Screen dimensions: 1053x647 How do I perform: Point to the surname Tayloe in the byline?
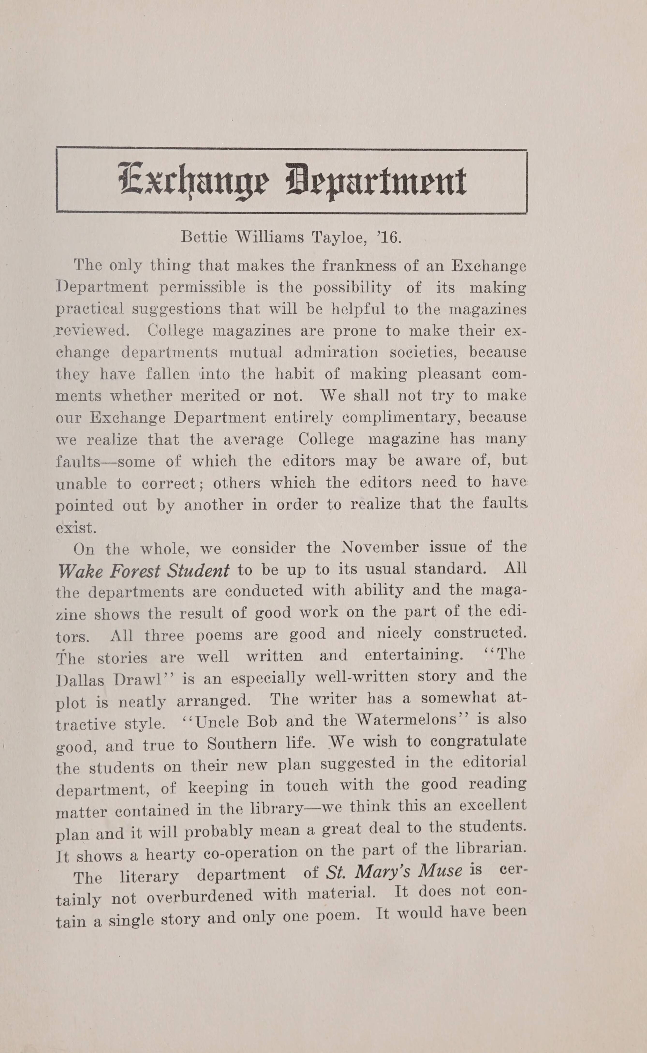point(338,237)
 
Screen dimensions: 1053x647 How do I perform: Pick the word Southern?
point(243,744)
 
